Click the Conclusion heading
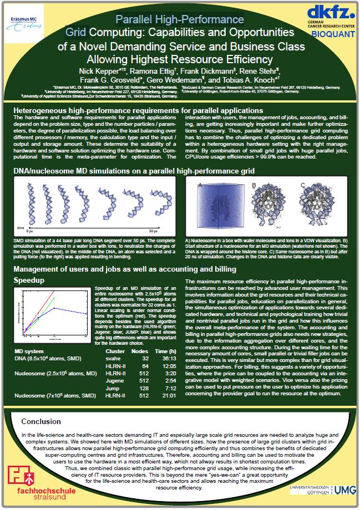click(42, 421)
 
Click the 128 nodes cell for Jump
click(146, 388)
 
